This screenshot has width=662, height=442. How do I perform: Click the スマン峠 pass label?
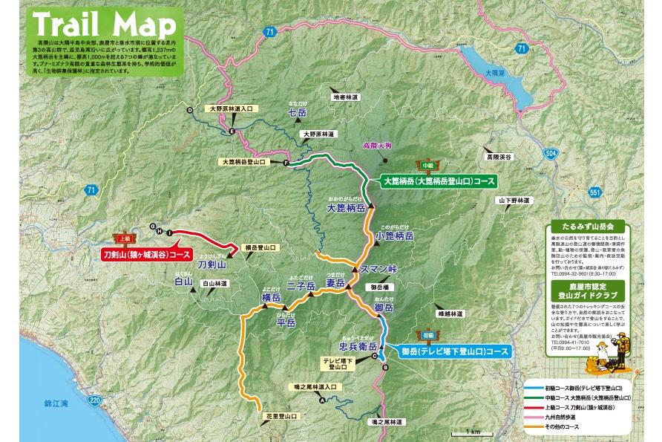[378, 268]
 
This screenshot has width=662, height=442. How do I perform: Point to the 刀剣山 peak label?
[212, 263]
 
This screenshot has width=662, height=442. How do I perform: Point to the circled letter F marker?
[286, 163]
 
